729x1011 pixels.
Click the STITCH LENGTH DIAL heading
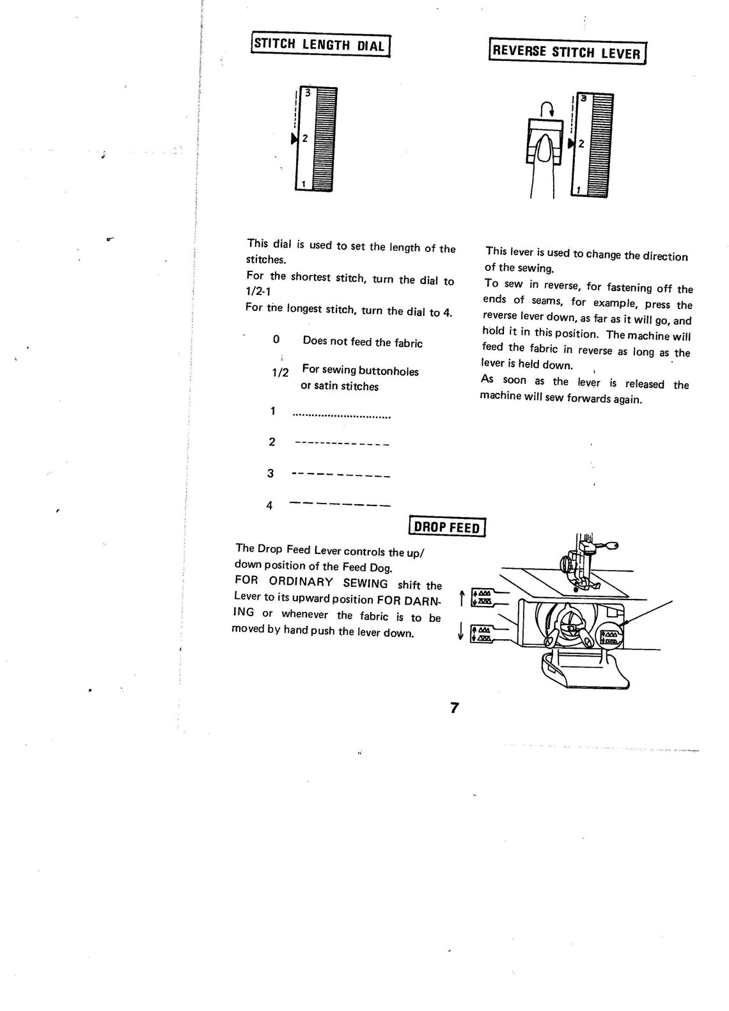[320, 45]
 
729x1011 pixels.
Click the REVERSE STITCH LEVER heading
[567, 52]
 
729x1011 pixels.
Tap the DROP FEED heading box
[446, 528]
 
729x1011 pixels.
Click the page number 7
[454, 708]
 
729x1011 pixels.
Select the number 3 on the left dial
[308, 92]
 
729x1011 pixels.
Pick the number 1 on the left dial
[303, 184]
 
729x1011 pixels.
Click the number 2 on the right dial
[581, 145]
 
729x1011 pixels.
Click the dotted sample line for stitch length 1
[341, 417]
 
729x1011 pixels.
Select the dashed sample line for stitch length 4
[340, 504]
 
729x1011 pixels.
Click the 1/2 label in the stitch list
[280, 372]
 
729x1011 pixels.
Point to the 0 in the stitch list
[276, 340]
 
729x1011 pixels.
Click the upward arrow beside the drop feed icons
[461, 599]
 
